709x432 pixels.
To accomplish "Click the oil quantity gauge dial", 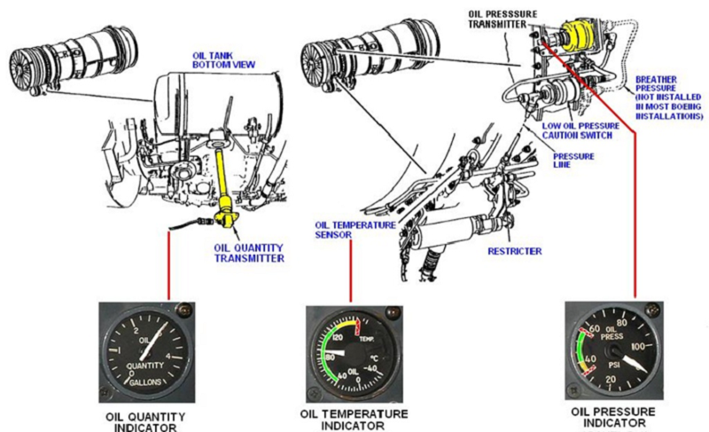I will point(147,350).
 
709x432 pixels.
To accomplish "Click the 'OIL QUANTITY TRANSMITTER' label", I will point(249,253).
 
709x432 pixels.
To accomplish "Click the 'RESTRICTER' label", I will point(514,251).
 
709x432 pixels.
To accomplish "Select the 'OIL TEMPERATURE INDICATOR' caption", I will point(351,420).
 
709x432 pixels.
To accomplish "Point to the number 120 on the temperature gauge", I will point(329,338).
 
